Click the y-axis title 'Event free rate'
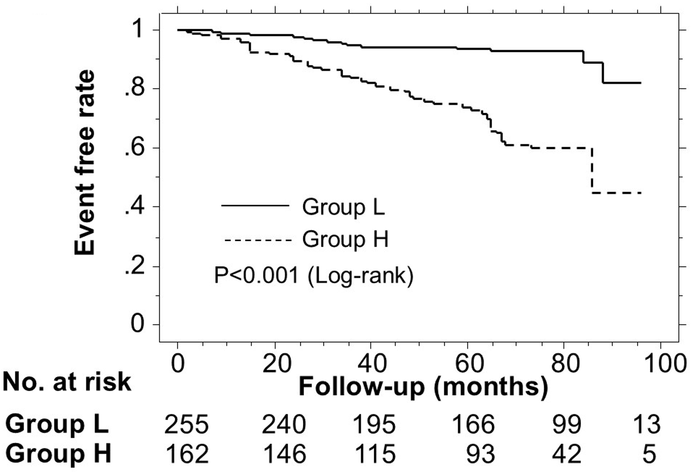click(85, 162)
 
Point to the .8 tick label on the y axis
click(134, 89)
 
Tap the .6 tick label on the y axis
click(134, 148)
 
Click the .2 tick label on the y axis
click(134, 267)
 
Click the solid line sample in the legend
click(255, 205)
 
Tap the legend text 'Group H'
click(345, 239)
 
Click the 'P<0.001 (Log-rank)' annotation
click(314, 275)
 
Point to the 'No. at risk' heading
click(67, 382)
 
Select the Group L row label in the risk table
click(57, 424)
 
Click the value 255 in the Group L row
click(186, 424)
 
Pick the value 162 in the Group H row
click(186, 453)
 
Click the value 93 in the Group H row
click(480, 453)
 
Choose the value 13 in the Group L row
click(646, 424)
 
